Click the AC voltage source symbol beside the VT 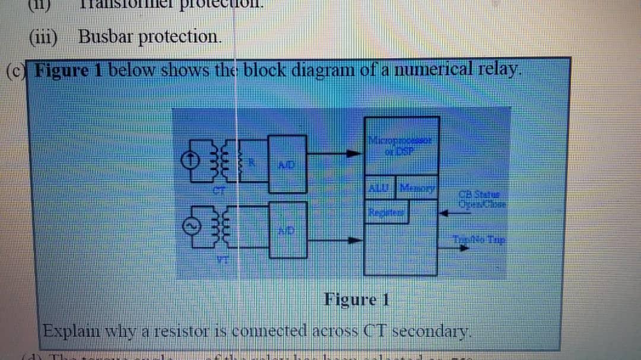188,227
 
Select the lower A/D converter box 288,229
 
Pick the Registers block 386,210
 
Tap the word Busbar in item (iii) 103,37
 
